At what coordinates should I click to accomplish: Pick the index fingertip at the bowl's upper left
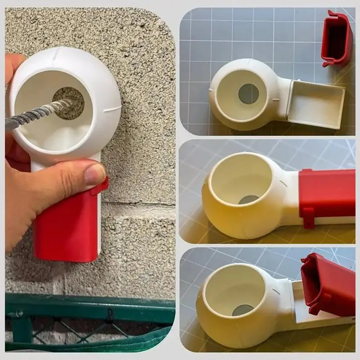pos(13,63)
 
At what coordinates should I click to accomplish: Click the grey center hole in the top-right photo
pos(248,94)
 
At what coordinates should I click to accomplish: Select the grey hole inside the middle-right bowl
pos(248,199)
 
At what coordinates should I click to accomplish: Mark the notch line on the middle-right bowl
pos(283,182)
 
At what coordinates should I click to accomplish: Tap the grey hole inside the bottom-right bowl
pos(243,310)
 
